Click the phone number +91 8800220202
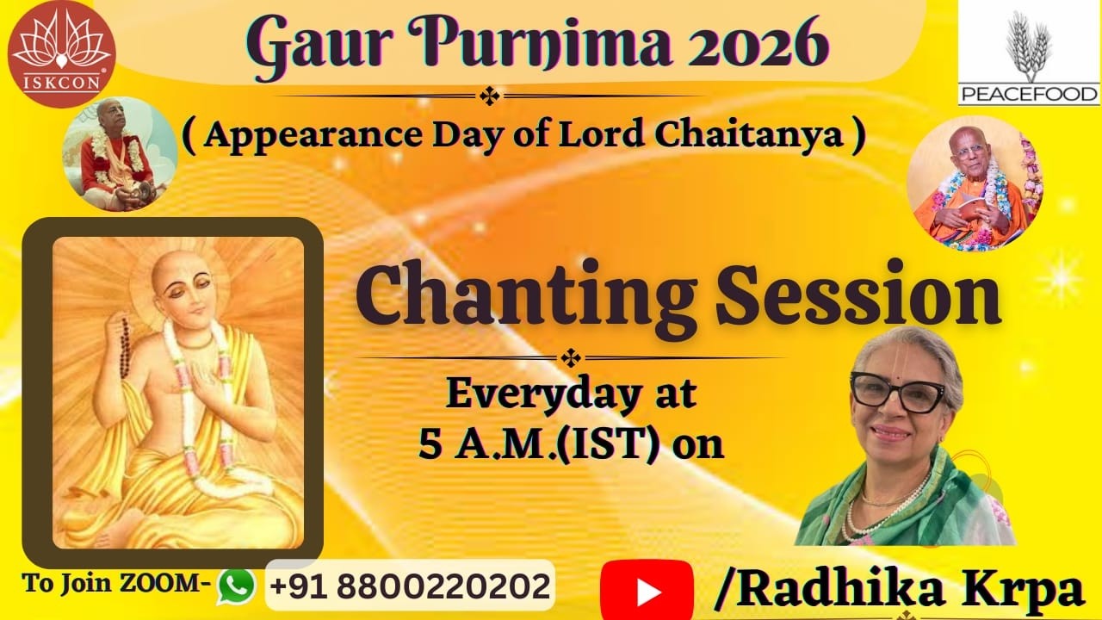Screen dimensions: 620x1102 (410, 586)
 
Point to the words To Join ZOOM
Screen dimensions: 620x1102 (117, 583)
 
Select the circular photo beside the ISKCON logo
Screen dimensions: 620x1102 (120, 154)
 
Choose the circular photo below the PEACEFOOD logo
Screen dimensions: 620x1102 (975, 183)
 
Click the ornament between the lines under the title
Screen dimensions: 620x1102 (490, 96)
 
